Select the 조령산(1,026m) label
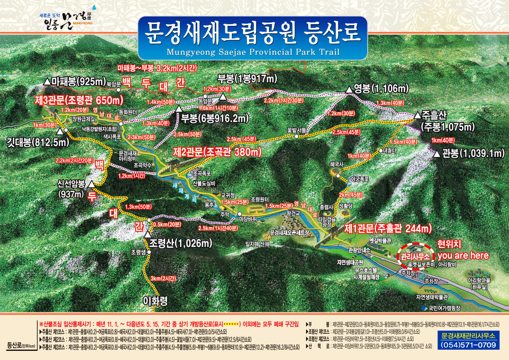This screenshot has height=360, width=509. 181,243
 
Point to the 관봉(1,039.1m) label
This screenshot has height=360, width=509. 473,153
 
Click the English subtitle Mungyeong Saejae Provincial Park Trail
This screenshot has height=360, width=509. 253,52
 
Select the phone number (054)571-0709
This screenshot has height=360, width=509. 468,345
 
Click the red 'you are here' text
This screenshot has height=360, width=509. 463,255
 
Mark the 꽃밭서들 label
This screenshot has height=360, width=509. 296,130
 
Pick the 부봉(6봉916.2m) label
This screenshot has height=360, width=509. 215,118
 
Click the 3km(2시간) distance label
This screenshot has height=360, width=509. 163,278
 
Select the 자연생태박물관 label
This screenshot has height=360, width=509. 432,297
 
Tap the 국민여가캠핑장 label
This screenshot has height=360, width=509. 444,308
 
